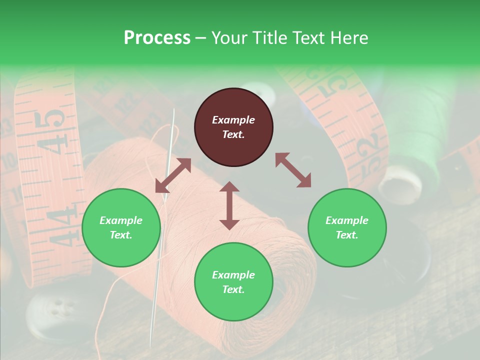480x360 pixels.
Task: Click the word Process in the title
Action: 157,37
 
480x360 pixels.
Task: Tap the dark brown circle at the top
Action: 233,127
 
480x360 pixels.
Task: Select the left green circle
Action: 121,227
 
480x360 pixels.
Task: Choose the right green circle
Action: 347,227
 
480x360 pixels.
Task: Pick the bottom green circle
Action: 233,281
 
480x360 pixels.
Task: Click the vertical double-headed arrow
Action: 229,205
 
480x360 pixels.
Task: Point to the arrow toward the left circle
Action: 173,175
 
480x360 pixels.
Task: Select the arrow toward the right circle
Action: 293,170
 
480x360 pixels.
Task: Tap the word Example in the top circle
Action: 233,120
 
